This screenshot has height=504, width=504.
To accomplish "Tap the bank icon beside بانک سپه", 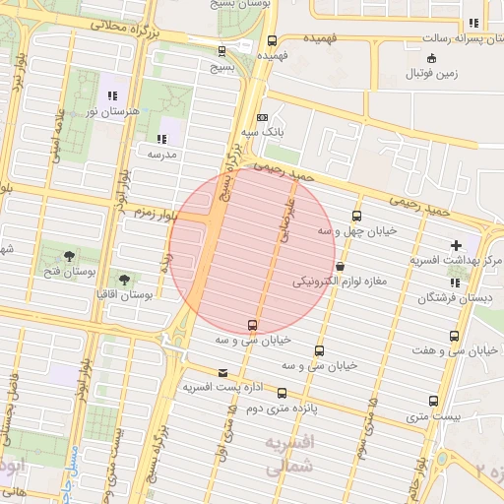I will pyautogui.click(x=262, y=117).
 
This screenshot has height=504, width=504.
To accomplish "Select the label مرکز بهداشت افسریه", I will pyautogui.click(x=456, y=259).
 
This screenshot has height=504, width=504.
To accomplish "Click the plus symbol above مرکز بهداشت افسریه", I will pyautogui.click(x=456, y=244).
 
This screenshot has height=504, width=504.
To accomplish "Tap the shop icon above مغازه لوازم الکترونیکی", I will pyautogui.click(x=341, y=266).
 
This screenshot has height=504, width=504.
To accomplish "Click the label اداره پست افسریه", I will pyautogui.click(x=224, y=388).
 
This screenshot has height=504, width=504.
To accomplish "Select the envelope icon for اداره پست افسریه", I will pyautogui.click(x=224, y=373).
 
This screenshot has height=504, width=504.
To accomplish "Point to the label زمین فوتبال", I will pyautogui.click(x=435, y=73).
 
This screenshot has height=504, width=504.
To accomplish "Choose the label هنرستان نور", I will pyautogui.click(x=113, y=112).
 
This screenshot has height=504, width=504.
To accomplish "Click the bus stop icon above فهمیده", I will pyautogui.click(x=272, y=40).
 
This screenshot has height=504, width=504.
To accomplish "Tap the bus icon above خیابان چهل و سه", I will pyautogui.click(x=356, y=216).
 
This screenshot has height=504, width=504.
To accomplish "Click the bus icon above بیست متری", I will pyautogui.click(x=434, y=401).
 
